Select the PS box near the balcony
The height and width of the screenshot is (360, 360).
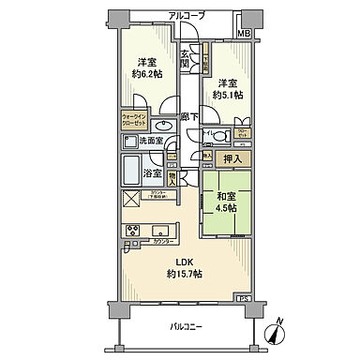coord(244,299)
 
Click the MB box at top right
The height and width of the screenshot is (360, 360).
coord(243,35)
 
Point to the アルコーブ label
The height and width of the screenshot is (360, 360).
coord(187,16)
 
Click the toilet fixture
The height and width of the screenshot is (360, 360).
coord(215,135)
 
